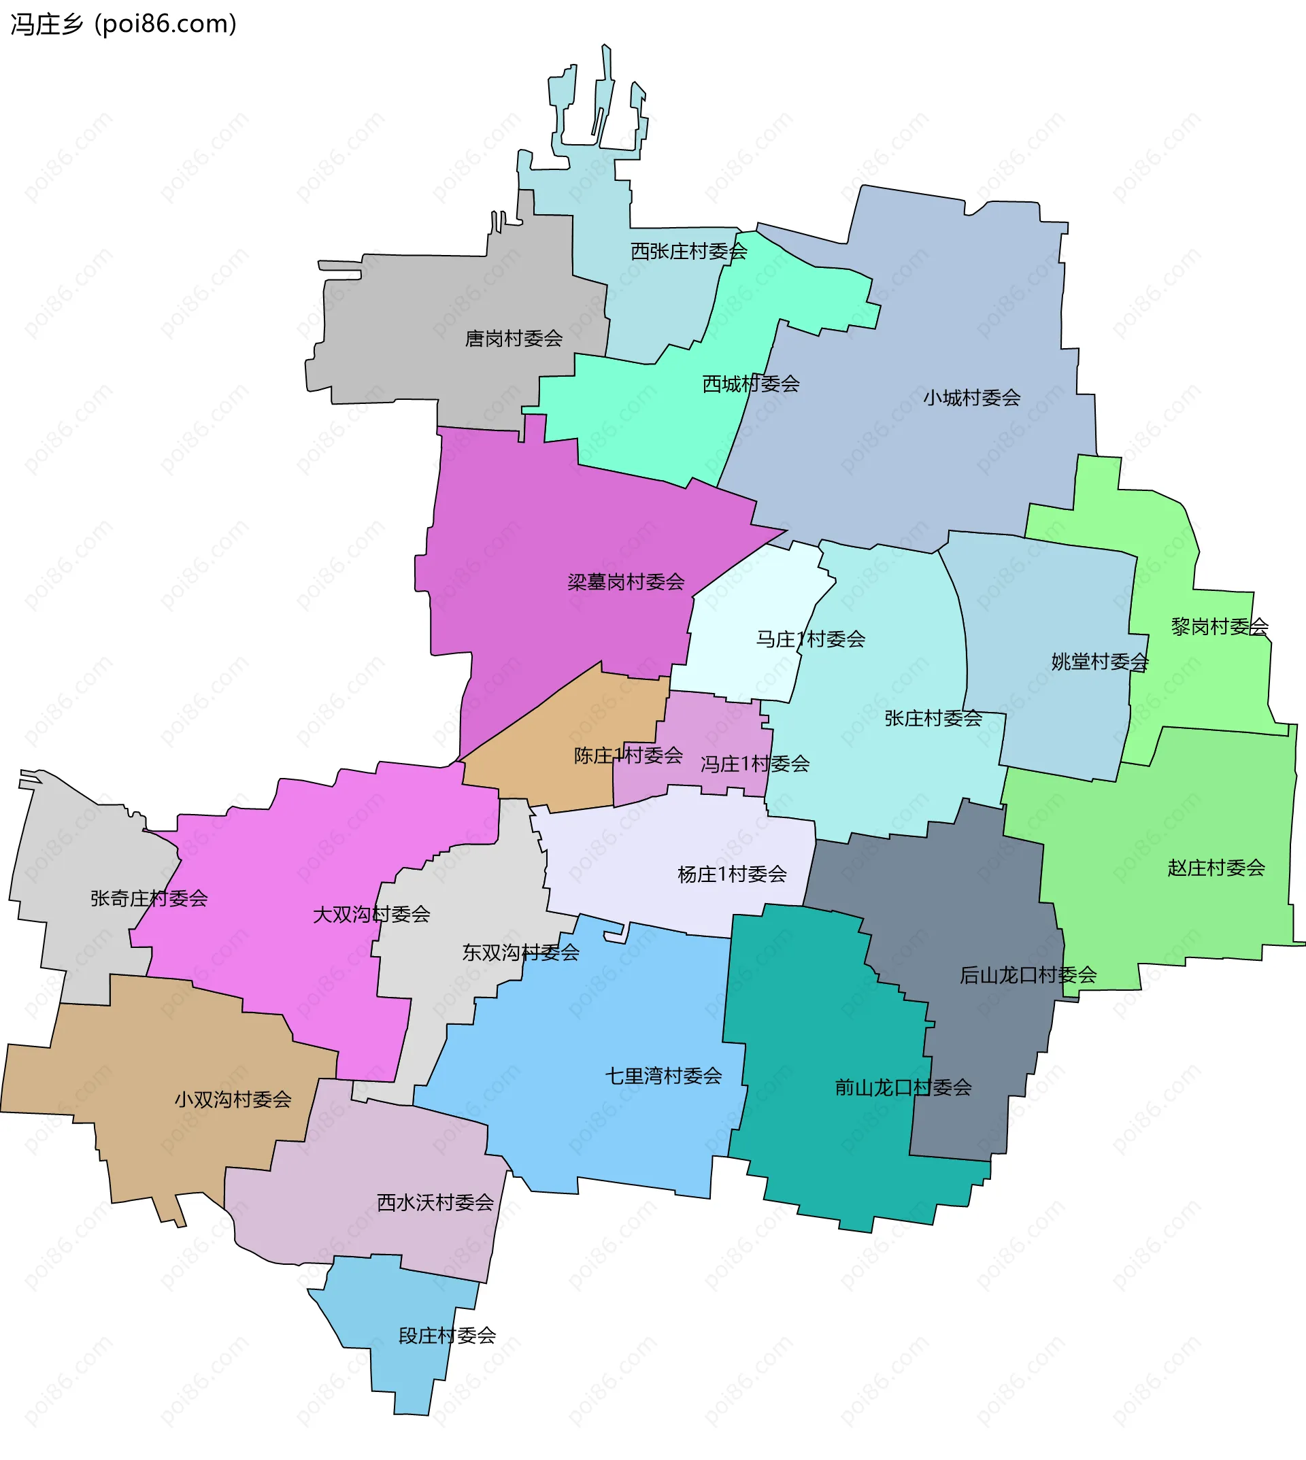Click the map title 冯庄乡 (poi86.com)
tap(122, 24)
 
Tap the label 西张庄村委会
tap(688, 251)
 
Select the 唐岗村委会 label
tap(513, 339)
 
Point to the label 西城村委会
tap(750, 384)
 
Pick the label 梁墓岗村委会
tap(626, 582)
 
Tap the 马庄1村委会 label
tap(810, 639)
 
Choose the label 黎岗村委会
tap(1219, 627)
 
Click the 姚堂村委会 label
tap(1099, 662)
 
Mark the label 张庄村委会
tap(933, 719)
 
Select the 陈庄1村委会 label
tap(628, 756)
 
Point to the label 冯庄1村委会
tap(755, 765)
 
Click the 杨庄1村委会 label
tap(732, 875)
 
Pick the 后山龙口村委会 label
tap(1028, 975)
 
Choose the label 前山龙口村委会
tap(903, 1087)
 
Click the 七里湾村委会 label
tap(663, 1076)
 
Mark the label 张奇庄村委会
tap(148, 899)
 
